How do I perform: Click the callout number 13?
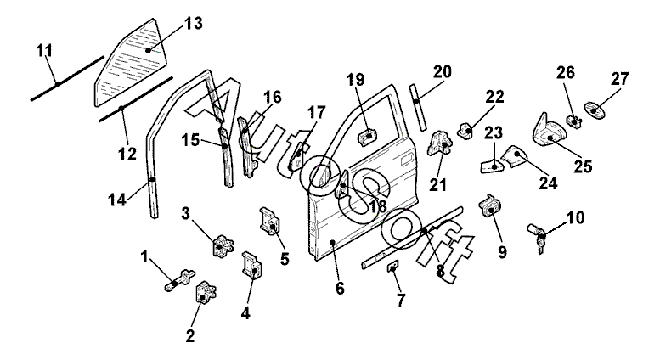coord(194,23)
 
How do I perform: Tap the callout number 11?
coord(43,53)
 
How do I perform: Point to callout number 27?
coord(619,79)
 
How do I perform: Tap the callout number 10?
coord(575,218)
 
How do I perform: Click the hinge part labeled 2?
coord(206,294)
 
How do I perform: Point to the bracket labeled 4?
coord(253,264)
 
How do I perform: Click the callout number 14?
coord(116,200)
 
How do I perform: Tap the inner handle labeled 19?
coord(368,136)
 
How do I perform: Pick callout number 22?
coord(494,97)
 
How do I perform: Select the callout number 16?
coord(272,98)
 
